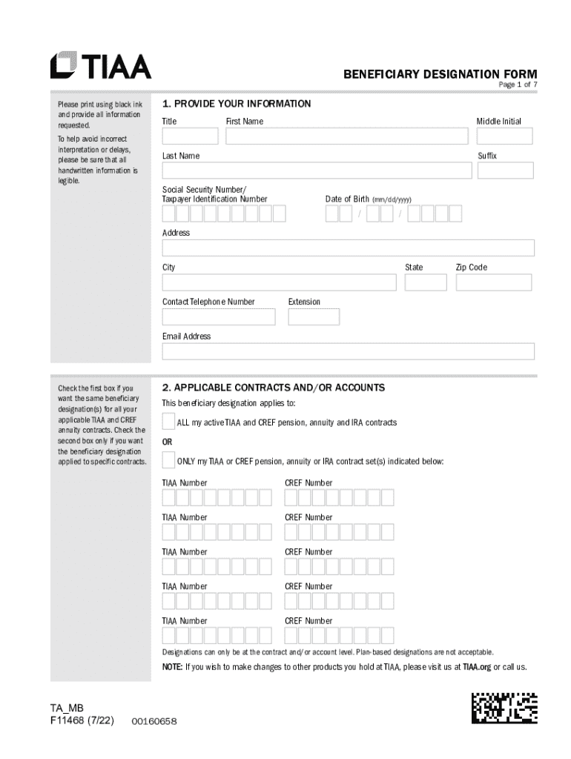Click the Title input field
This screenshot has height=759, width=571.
pyautogui.click(x=190, y=136)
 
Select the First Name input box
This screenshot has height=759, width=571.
pyautogui.click(x=347, y=136)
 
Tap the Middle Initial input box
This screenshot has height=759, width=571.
pyautogui.click(x=504, y=136)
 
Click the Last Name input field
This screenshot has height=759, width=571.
pyautogui.click(x=317, y=170)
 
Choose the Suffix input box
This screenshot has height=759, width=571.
pyautogui.click(x=504, y=170)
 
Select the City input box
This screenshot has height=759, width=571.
pyautogui.click(x=279, y=282)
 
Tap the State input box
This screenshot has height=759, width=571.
pyautogui.click(x=426, y=282)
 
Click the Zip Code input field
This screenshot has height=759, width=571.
pyautogui.click(x=494, y=282)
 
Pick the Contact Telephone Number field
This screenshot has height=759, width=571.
pyautogui.click(x=219, y=316)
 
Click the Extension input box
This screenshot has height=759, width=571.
pyautogui.click(x=314, y=316)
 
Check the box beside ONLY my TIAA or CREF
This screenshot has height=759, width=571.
pyautogui.click(x=169, y=460)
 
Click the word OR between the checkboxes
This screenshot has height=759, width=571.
pyautogui.click(x=168, y=442)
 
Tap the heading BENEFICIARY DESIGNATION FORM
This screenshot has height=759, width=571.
pyautogui.click(x=440, y=74)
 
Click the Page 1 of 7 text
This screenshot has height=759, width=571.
pyautogui.click(x=517, y=85)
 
